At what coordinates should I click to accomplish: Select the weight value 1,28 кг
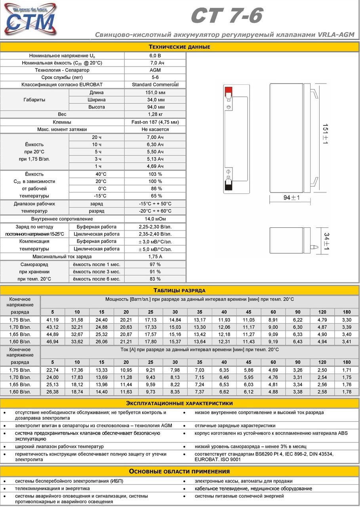click(x=155, y=114)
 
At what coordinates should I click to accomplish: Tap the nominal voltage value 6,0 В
click(x=155, y=56)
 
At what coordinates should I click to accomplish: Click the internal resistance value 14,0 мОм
click(x=155, y=219)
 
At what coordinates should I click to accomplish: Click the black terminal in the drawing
click(x=228, y=185)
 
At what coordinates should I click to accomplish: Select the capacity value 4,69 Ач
click(x=155, y=166)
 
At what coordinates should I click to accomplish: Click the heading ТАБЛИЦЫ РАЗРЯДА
click(x=179, y=290)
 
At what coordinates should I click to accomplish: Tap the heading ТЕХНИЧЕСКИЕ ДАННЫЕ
click(x=179, y=47)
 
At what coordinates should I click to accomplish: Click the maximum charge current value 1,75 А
click(x=155, y=257)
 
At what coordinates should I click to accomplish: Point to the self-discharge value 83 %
click(x=155, y=279)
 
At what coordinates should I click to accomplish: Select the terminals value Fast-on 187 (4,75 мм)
click(x=155, y=122)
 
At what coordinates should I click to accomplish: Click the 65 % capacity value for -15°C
click(x=155, y=196)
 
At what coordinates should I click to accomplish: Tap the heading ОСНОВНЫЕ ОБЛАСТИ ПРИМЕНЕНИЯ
click(x=179, y=471)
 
